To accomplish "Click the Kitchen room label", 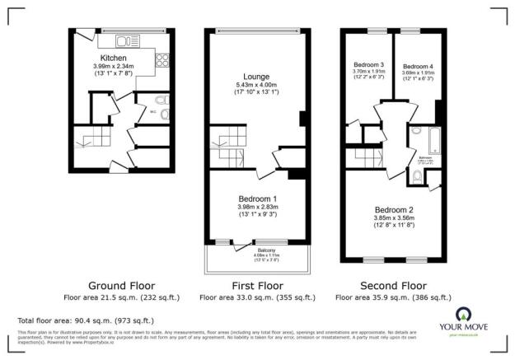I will tap(113, 58).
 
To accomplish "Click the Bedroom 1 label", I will tap(257, 200).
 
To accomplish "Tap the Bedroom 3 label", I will tap(370, 64).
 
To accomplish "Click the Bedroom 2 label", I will tap(394, 209).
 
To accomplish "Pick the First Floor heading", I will tap(256, 286).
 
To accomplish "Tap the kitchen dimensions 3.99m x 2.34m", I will tap(113, 67).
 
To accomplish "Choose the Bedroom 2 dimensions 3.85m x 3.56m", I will tap(394, 219).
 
